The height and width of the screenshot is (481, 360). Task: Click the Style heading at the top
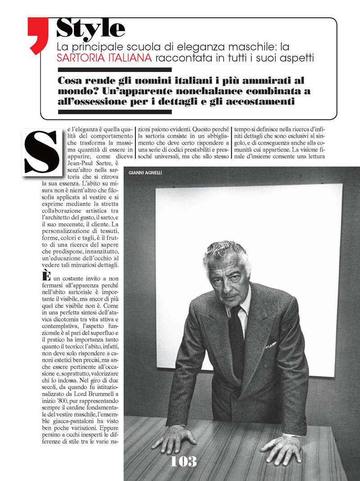(90, 28)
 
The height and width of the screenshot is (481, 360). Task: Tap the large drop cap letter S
(41, 151)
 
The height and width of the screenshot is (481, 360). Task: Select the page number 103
(183, 461)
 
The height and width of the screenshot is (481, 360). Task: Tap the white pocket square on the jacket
(270, 345)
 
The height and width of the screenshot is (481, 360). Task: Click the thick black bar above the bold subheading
(115, 70)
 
